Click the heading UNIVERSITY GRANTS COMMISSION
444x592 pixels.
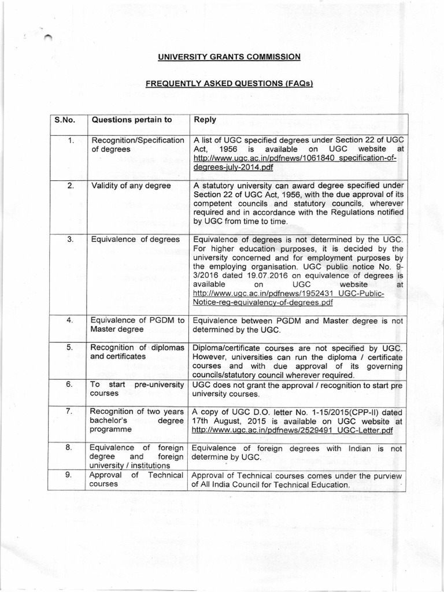pos(230,57)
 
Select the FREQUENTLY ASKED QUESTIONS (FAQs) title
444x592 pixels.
pos(230,84)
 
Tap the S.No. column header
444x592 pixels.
pos(65,120)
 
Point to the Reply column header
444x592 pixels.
pos(205,120)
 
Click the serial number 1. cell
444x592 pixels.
pos(68,140)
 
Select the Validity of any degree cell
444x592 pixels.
pos(131,186)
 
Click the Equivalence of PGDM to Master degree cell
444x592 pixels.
pos(138,325)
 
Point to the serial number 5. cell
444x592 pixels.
pos(68,347)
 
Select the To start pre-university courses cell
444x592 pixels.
pos(138,389)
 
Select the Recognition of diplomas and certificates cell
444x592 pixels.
pos(138,352)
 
